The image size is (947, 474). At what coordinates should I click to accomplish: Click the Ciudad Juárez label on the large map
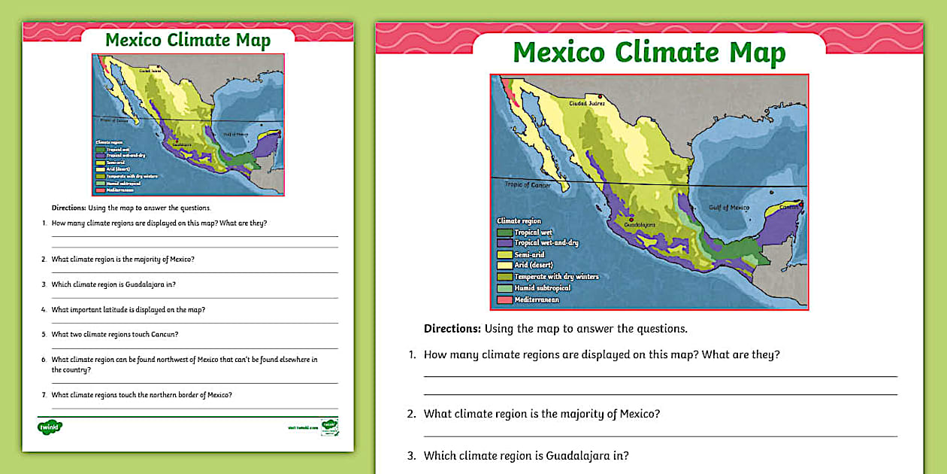587,103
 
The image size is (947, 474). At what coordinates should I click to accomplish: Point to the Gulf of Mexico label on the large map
728,207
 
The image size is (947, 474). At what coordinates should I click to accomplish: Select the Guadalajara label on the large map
635,224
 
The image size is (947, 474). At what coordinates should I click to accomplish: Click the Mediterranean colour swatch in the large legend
504,300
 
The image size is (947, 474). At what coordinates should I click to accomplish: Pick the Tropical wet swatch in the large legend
504,232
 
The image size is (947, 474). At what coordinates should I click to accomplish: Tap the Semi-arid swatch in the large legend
504,255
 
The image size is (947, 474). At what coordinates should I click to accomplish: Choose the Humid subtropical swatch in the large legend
504,288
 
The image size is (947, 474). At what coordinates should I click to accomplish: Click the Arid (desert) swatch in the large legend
504,266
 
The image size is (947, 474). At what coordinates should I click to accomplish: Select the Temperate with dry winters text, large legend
556,277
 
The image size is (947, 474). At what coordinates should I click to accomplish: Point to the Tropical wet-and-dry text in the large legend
546,243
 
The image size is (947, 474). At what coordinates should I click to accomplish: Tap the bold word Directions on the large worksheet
452,329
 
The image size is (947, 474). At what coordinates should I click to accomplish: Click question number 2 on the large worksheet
411,414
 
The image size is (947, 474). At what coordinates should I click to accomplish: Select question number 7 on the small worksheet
44,395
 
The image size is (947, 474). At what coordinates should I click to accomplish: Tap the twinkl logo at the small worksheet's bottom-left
50,427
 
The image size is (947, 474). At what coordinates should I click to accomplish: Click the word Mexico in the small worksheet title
133,40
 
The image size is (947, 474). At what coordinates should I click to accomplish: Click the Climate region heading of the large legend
519,221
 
